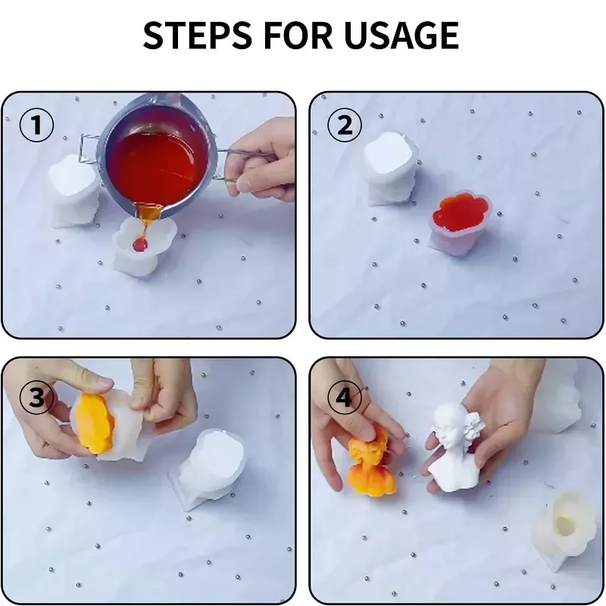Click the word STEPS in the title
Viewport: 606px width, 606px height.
pyautogui.click(x=198, y=35)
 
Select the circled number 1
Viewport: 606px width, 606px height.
pyautogui.click(x=36, y=125)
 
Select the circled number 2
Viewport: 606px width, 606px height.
pyautogui.click(x=345, y=125)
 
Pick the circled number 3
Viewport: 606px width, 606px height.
pyautogui.click(x=36, y=397)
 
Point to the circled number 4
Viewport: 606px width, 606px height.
pyautogui.click(x=345, y=397)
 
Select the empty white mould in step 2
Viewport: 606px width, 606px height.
pyautogui.click(x=391, y=168)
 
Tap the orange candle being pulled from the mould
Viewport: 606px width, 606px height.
pyautogui.click(x=95, y=423)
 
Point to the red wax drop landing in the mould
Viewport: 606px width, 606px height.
pyautogui.click(x=140, y=243)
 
